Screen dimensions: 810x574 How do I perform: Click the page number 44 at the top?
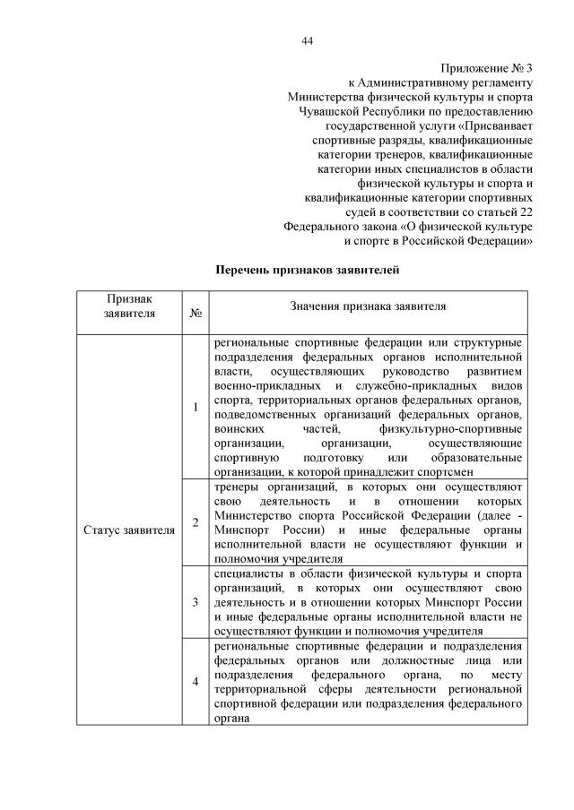[x=307, y=40]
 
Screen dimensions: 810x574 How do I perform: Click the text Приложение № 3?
[x=488, y=68]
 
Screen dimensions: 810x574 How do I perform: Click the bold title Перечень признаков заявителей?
[x=307, y=269]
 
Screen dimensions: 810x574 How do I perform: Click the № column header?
[x=196, y=314]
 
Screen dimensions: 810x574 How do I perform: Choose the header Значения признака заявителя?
[x=368, y=306]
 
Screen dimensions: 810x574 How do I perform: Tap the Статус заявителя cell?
[x=129, y=530]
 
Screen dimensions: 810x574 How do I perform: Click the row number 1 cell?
[x=196, y=408]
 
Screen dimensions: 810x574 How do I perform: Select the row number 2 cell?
[x=196, y=522]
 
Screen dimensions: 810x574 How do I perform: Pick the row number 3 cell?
[x=196, y=601]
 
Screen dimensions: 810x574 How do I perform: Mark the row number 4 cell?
[x=196, y=682]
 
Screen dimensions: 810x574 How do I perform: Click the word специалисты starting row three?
[x=247, y=573]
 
